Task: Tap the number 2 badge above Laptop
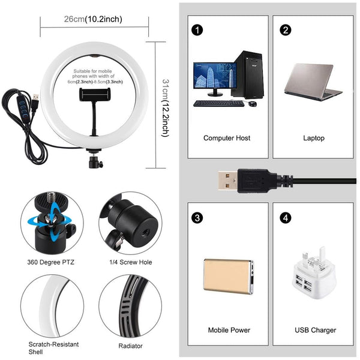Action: click(x=286, y=29)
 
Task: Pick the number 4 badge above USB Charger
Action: click(x=286, y=216)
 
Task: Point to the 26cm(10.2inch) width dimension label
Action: click(x=93, y=19)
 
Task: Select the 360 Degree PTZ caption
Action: click(x=51, y=262)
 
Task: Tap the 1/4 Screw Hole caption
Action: click(x=130, y=262)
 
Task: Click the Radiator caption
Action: click(x=131, y=346)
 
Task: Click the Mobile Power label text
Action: click(x=229, y=330)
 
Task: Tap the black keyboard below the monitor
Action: click(x=218, y=103)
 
